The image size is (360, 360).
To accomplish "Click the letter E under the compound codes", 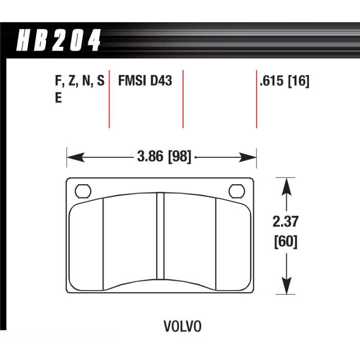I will click(x=58, y=98).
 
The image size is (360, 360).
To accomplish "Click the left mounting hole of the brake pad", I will click(x=82, y=191).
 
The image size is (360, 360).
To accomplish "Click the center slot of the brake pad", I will click(x=159, y=237).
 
